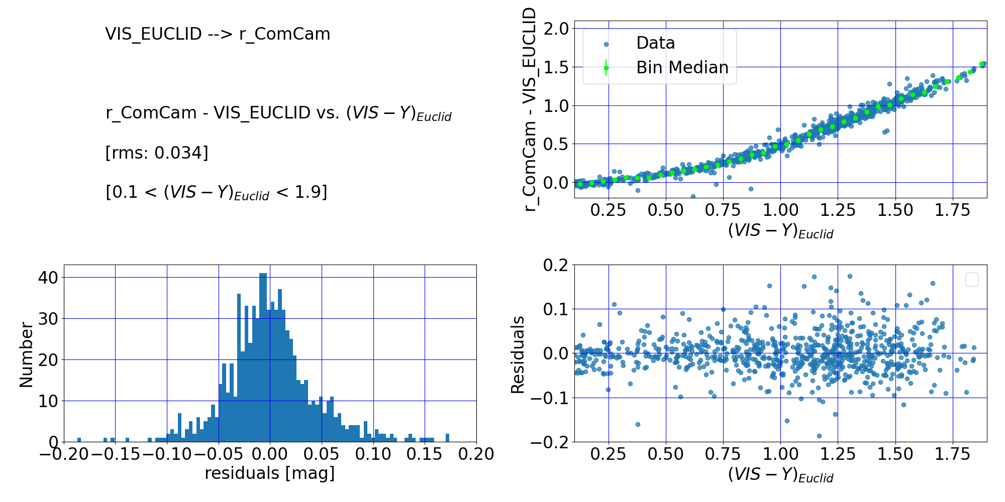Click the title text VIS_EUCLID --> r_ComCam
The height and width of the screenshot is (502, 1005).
218,34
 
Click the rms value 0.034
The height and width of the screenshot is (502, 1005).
181,153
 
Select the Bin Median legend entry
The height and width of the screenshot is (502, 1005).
681,68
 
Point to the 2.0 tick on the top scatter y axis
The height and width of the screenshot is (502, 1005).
556,29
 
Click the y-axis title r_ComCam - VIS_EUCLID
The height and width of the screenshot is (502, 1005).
530,109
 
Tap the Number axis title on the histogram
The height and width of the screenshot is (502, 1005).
26,354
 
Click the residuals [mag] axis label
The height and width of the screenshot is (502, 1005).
269,473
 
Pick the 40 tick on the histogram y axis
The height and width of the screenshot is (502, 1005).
48,278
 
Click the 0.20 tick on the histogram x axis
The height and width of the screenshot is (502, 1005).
476,454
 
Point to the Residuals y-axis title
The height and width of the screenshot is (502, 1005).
518,354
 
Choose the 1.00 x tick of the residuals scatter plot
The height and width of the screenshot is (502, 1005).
780,454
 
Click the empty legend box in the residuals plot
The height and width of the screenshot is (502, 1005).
972,280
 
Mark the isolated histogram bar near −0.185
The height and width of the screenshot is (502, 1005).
79,440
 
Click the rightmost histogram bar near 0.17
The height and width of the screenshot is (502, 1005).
447,438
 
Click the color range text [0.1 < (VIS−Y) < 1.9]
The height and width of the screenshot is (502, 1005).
216,192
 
